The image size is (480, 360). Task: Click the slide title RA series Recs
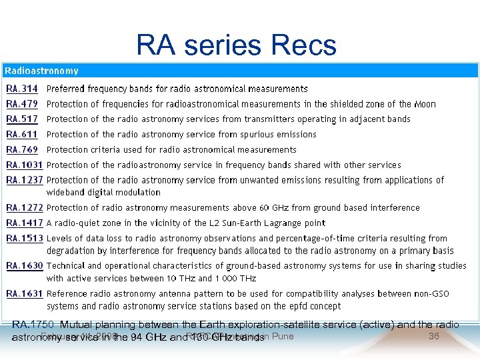click(x=237, y=45)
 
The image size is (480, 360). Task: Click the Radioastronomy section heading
click(x=42, y=71)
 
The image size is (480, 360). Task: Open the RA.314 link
click(x=22, y=89)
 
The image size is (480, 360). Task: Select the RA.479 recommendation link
click(x=22, y=104)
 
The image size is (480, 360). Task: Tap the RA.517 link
click(x=22, y=119)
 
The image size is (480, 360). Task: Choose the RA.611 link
click(x=22, y=135)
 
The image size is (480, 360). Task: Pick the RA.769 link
click(x=22, y=150)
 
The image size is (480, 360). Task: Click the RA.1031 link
click(x=25, y=165)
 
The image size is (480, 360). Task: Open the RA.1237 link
click(x=25, y=180)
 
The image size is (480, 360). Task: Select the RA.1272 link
click(x=25, y=208)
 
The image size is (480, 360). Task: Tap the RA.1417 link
click(x=25, y=223)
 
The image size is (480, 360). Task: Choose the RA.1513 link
click(x=25, y=239)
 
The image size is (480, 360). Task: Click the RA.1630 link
click(x=25, y=266)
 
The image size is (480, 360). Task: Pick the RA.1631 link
click(x=25, y=294)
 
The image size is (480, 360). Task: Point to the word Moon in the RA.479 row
click(x=425, y=104)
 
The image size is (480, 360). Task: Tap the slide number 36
click(x=433, y=336)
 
